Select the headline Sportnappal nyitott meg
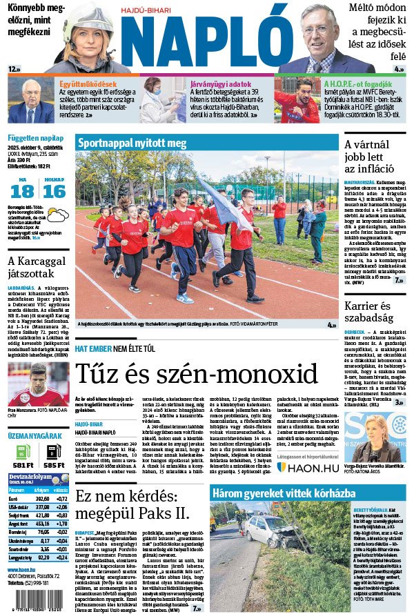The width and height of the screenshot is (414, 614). point(132,143)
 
